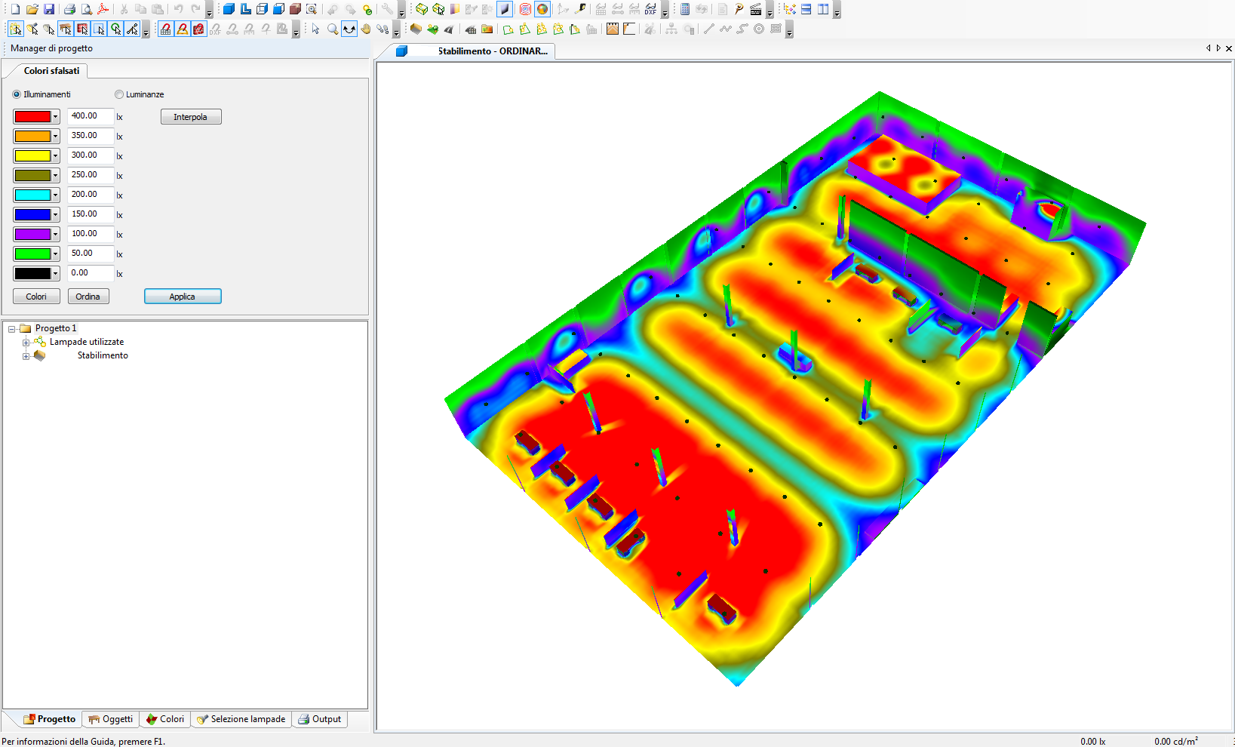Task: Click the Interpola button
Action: click(191, 117)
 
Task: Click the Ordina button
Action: click(88, 297)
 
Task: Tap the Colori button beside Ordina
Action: click(36, 297)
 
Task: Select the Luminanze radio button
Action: click(119, 94)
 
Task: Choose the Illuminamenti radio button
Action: click(17, 94)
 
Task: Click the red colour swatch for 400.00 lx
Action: click(32, 116)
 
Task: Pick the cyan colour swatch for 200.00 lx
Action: click(32, 195)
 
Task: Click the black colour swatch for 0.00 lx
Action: click(32, 273)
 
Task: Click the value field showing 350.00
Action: click(91, 136)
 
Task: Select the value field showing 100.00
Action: click(91, 234)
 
